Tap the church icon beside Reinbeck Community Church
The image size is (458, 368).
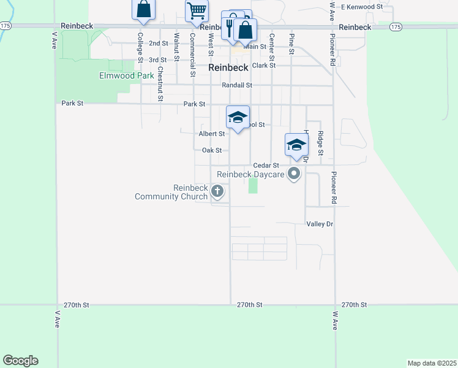tap(217, 193)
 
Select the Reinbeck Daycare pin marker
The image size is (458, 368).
tap(295, 174)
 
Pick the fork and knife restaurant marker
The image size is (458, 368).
tap(230, 26)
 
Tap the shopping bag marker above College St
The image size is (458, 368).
tap(143, 9)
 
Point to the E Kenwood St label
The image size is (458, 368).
tap(362, 6)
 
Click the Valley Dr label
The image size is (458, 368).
tap(320, 224)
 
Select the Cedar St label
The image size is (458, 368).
tap(266, 166)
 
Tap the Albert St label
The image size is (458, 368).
tap(212, 133)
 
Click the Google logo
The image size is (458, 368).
tap(20, 361)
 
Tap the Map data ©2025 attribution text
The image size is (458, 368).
tap(432, 362)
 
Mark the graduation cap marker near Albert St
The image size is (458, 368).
tap(238, 117)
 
